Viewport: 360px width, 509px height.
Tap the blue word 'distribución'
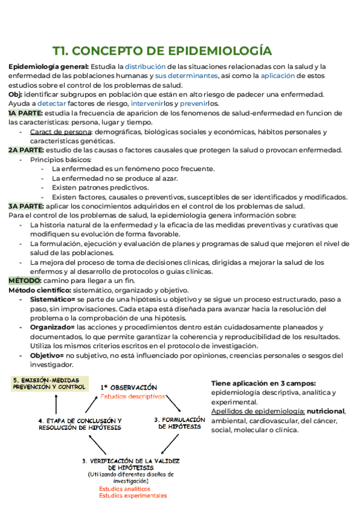(x=145, y=66)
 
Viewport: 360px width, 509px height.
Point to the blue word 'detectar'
(x=52, y=103)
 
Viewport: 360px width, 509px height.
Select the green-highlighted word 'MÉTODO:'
(x=24, y=280)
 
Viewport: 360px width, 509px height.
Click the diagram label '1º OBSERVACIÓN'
(x=129, y=388)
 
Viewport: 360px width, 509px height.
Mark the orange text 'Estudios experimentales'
(x=133, y=496)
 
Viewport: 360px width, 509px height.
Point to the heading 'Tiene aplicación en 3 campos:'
(x=263, y=383)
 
